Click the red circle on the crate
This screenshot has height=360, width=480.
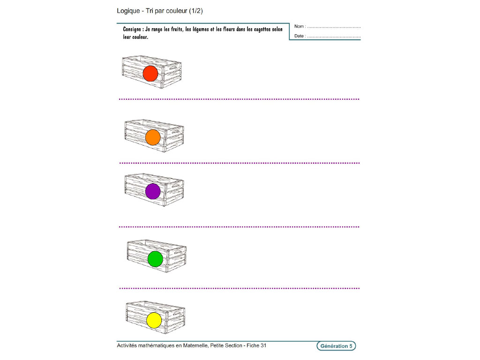[x=150, y=74]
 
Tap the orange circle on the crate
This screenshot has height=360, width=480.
[x=153, y=137]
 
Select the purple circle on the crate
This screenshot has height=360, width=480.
[x=153, y=191]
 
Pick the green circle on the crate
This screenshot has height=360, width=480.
[x=155, y=259]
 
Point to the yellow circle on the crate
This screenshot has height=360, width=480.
[x=154, y=320]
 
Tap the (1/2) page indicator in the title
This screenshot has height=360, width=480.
[x=196, y=11]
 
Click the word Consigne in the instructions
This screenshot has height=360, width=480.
[x=133, y=29]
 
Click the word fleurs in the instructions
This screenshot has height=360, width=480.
[x=233, y=29]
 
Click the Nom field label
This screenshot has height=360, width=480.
[x=300, y=27]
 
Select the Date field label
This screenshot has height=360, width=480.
[x=300, y=36]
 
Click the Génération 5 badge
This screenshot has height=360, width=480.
[x=336, y=346]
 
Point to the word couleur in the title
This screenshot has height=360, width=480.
[x=175, y=11]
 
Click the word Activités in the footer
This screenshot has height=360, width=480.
[x=128, y=346]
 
